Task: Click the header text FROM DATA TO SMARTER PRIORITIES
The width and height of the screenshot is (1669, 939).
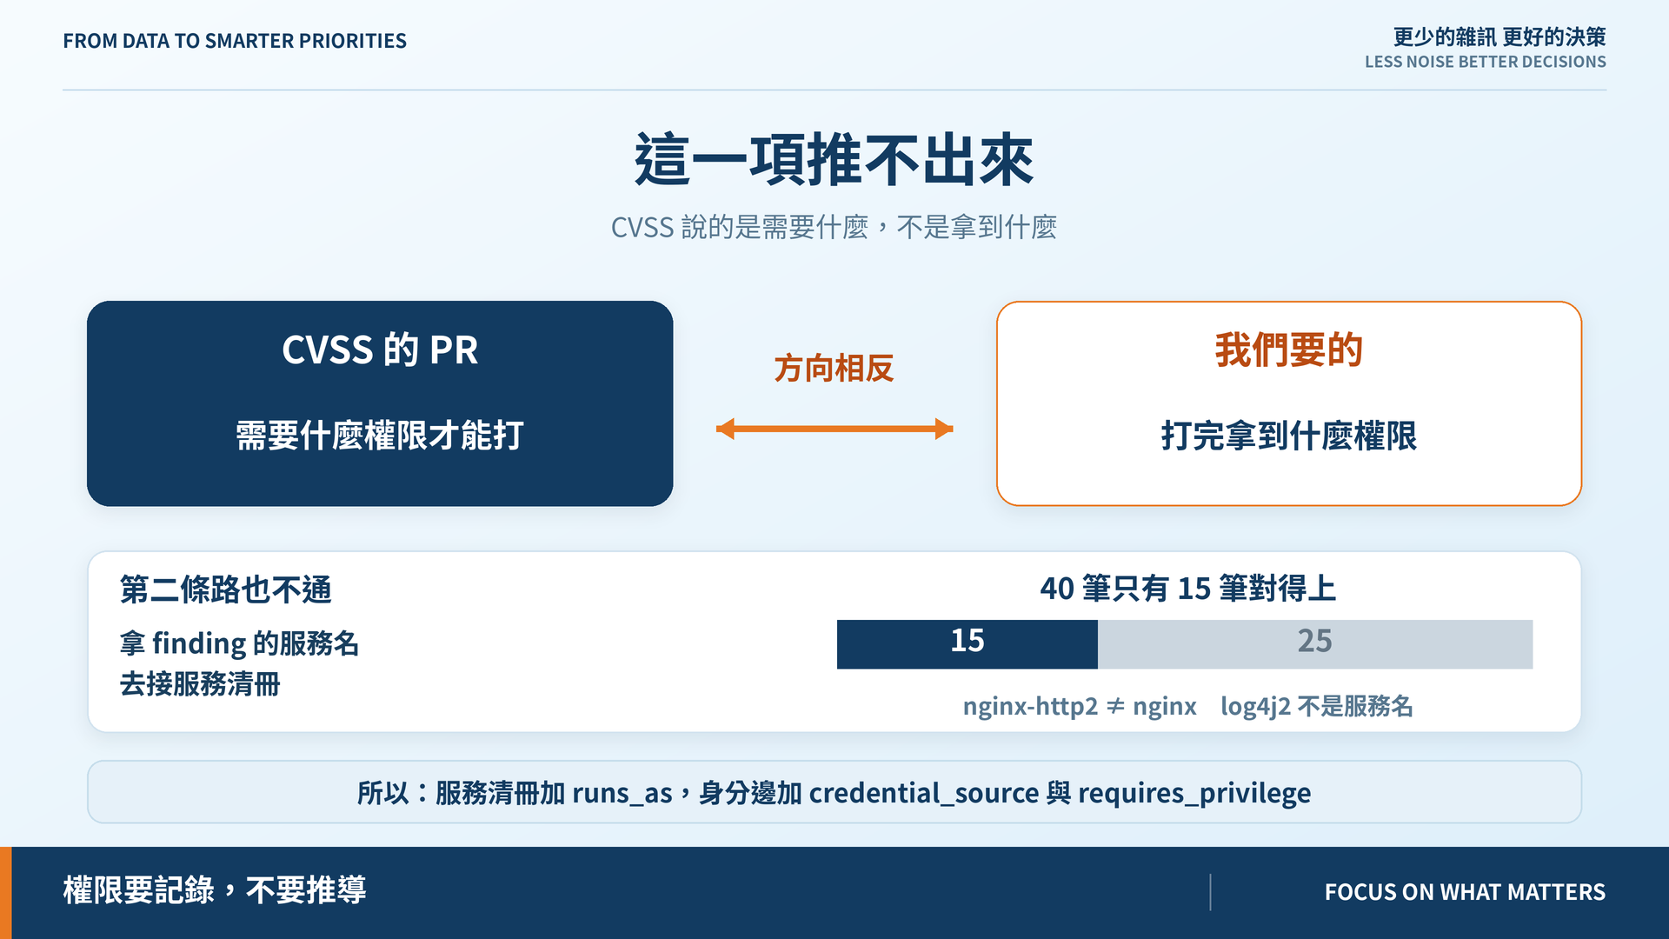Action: [235, 41]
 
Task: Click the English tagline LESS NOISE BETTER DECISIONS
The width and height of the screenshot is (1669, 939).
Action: [1485, 62]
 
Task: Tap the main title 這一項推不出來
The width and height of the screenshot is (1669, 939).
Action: [834, 160]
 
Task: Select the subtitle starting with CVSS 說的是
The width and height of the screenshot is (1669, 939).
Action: [834, 228]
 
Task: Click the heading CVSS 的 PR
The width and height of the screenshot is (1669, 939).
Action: [380, 350]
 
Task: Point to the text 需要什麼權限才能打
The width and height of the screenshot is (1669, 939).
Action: [380, 436]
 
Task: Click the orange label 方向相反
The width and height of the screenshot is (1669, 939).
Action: [834, 369]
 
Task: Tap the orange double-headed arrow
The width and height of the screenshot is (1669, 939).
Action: [834, 429]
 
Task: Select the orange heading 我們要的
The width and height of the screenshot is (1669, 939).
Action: [1288, 350]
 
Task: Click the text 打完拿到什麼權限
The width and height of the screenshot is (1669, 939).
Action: [1288, 436]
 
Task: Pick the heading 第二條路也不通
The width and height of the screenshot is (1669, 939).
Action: [225, 589]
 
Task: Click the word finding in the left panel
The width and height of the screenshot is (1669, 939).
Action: [199, 643]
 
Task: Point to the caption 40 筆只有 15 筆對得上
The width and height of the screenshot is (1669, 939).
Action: [1187, 589]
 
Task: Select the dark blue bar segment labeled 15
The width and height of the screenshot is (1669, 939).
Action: [967, 644]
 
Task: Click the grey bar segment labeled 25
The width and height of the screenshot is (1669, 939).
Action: [1315, 644]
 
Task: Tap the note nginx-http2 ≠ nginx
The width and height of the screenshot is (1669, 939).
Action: [1080, 706]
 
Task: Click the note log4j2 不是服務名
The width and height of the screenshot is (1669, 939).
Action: [1317, 706]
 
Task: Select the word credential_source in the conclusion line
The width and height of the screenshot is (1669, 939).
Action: [924, 793]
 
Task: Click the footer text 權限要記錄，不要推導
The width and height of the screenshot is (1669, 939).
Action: [215, 890]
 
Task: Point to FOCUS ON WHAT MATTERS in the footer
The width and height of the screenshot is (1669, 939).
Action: [1465, 892]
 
